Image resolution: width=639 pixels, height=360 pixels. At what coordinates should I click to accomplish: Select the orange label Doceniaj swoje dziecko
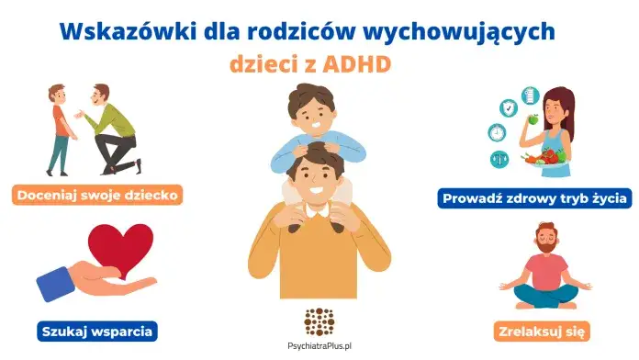pos(97,195)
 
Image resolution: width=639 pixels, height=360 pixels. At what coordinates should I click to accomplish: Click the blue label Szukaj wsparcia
pos(96,329)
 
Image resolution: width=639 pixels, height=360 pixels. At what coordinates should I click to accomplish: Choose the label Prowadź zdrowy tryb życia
pos(533,197)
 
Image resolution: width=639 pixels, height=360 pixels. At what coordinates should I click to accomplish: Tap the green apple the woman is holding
pos(532,118)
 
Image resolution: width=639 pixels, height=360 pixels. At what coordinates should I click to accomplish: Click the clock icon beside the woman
pos(497,132)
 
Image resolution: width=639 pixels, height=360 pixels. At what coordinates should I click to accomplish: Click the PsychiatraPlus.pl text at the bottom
pos(319,348)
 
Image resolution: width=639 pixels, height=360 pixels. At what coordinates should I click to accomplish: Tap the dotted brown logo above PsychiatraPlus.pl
pos(319,321)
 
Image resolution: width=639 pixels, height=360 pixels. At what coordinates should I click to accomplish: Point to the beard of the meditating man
pos(546,253)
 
